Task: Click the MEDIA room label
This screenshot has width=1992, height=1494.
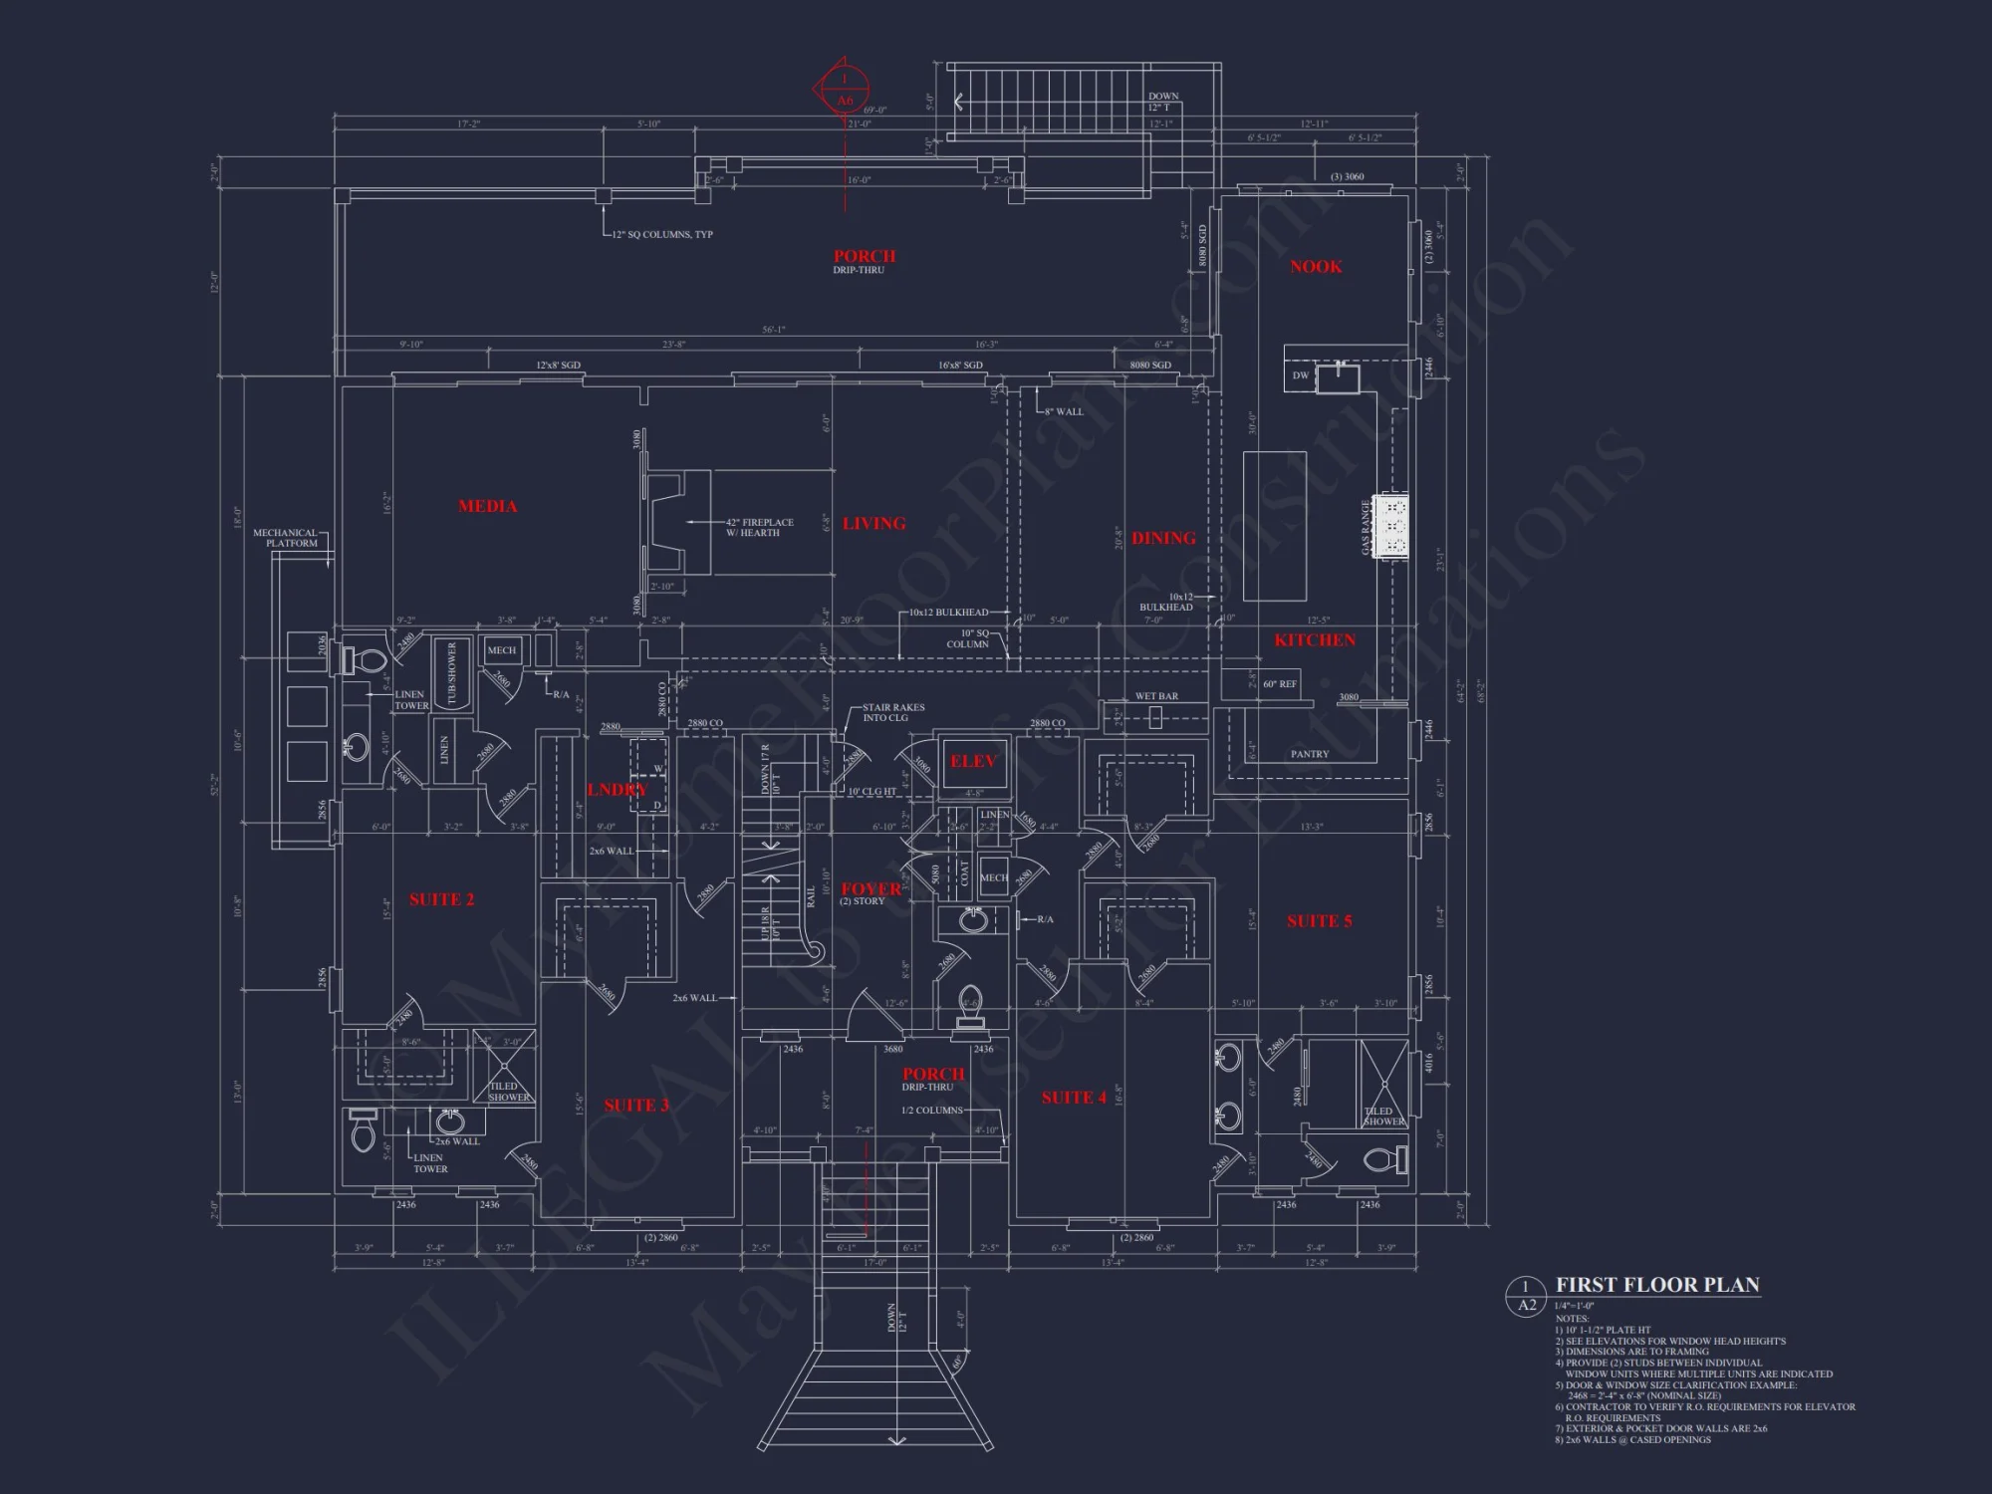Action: coord(487,507)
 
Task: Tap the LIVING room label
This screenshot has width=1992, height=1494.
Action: coord(873,524)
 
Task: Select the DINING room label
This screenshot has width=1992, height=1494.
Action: coord(1163,539)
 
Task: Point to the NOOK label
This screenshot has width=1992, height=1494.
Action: coord(1316,267)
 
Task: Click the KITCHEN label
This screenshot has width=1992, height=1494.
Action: coord(1315,640)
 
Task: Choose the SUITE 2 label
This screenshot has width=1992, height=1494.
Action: coord(441,900)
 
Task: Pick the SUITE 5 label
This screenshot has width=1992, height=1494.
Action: coord(1319,922)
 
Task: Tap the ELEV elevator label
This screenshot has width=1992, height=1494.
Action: coord(973,762)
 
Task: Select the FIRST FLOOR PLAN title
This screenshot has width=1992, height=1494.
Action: coord(1657,1285)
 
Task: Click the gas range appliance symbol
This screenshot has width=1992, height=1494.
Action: coord(1391,526)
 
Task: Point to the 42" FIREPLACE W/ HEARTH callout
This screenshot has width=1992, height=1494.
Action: coord(759,528)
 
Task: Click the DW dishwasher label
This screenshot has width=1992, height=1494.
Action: coord(1300,375)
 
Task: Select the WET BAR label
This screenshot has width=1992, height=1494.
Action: coord(1156,696)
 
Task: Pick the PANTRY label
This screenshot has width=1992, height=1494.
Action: coord(1309,754)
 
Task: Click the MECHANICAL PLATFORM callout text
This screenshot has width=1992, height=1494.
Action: coord(285,538)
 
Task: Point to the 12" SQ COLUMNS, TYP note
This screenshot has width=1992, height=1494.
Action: coord(662,235)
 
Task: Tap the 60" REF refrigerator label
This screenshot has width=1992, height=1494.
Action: coord(1279,684)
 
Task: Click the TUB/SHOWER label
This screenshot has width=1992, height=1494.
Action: coord(451,673)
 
